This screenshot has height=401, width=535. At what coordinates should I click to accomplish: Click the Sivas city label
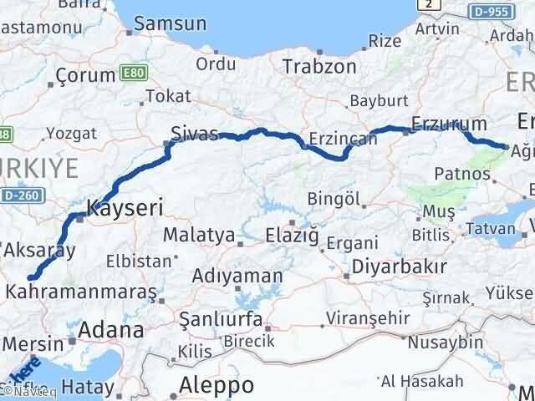(x=194, y=134)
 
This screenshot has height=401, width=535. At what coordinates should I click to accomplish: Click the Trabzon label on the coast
(x=319, y=67)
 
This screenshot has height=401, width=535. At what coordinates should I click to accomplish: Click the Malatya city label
(x=198, y=235)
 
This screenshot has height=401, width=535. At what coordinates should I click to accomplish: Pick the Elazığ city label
(x=292, y=236)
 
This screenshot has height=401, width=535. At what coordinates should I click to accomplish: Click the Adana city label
(x=110, y=330)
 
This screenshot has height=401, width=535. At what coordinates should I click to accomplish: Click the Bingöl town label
(x=334, y=198)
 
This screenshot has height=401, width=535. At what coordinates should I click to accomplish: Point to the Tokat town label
(x=168, y=96)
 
